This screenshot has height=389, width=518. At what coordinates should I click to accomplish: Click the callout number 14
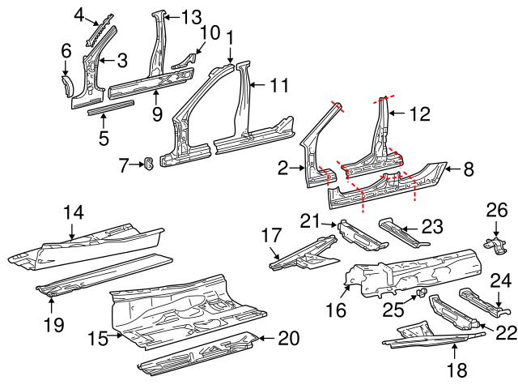coord(73,212)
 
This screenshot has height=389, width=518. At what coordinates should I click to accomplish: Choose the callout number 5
coord(104,139)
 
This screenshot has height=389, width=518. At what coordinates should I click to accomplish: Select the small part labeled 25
coord(421,291)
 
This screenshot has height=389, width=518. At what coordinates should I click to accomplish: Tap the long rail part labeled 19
coord(105,273)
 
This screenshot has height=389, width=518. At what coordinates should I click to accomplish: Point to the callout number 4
coord(79,14)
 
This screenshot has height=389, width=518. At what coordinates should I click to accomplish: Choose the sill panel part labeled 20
coord(198,353)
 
